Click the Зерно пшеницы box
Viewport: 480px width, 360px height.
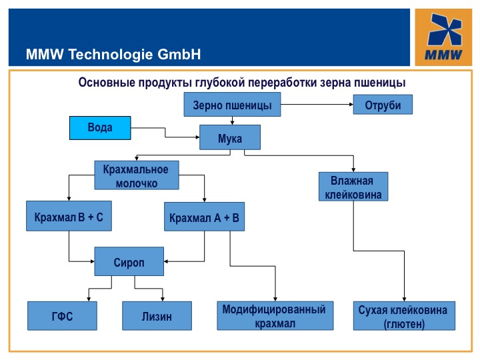[x=232, y=105]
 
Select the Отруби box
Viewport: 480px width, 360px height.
[x=383, y=105]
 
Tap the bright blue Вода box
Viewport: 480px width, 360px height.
[x=100, y=127]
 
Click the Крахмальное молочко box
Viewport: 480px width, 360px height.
[x=140, y=176]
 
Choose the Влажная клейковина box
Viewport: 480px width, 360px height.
[x=353, y=187]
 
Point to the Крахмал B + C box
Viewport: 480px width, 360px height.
[x=69, y=217]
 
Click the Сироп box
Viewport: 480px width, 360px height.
[x=129, y=261]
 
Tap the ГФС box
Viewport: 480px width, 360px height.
[x=62, y=316]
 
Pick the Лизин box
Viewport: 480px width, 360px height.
[x=157, y=316]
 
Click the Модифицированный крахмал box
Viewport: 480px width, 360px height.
[x=274, y=316]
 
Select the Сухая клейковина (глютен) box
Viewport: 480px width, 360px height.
[x=402, y=316]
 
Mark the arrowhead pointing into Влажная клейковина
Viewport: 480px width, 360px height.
[x=353, y=169]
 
